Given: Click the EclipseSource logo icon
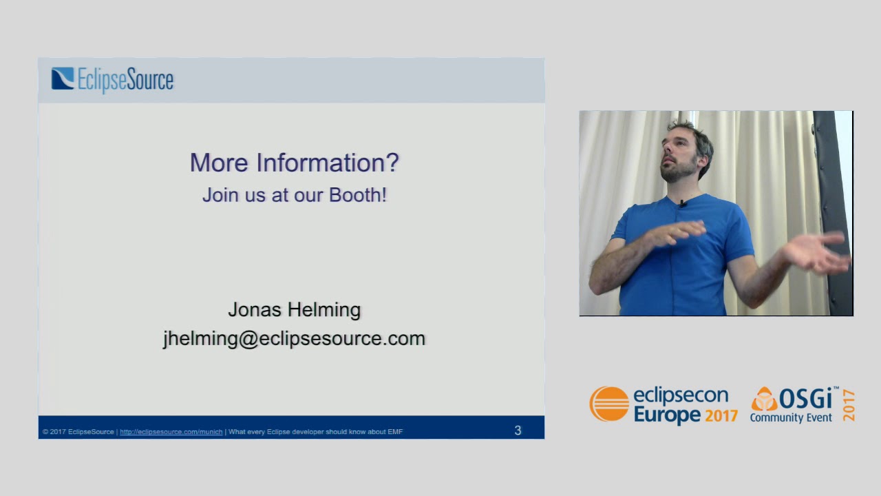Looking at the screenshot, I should coord(63,79).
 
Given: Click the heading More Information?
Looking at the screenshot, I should coord(294,163).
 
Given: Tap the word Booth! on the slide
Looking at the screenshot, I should coord(357,195).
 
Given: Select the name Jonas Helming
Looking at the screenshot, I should coord(294,310).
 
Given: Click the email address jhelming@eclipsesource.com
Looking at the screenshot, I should coord(294,339).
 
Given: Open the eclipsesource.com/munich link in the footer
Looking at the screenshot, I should coord(171,432).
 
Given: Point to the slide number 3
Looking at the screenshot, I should coord(518,431).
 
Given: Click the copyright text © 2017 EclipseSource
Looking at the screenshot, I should coord(78,432).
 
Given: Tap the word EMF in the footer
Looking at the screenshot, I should coord(395,432).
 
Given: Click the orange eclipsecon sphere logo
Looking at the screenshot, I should coord(609,404).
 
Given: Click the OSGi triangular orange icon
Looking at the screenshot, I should coord(763,400).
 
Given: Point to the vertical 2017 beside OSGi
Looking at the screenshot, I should coord(848,405).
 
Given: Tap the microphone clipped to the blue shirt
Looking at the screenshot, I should coord(683,203).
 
